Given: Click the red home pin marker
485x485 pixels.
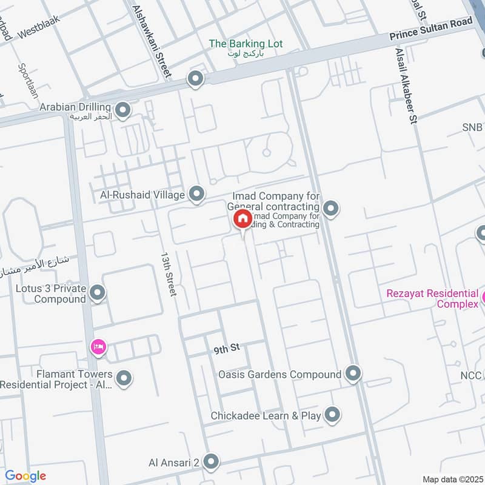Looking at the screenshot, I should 242,219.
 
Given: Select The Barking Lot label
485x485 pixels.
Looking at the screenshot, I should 246,44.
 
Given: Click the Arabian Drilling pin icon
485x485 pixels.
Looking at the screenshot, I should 123,110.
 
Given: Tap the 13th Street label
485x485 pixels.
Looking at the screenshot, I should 168,274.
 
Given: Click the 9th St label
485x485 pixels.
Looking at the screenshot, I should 227,349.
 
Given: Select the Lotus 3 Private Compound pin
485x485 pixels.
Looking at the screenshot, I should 98,294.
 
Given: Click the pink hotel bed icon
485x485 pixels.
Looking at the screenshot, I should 98,347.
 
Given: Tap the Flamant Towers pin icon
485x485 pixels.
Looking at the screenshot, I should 124,379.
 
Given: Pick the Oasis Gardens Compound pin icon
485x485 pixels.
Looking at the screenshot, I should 353,374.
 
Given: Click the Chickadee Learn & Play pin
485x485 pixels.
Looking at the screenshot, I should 332,415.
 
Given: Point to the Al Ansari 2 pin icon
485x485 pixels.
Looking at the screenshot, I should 211,463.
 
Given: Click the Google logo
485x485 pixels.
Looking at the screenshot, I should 25,477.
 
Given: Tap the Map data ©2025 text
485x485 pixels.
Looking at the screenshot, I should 452,479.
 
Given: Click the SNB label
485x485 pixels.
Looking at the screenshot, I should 472,127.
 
